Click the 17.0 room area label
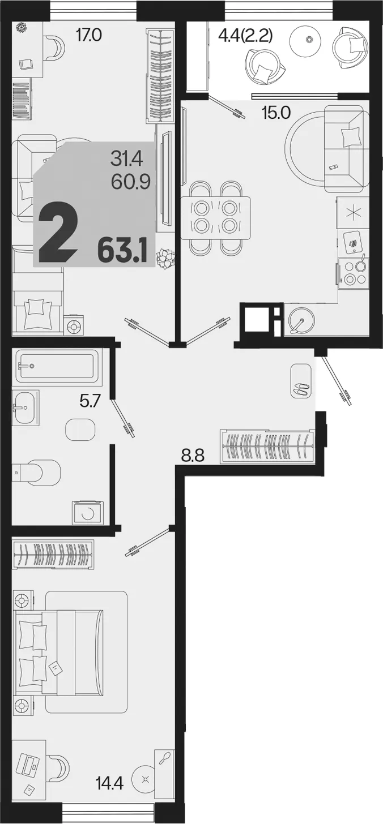click(88, 36)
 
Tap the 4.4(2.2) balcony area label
click(245, 36)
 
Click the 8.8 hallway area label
click(193, 457)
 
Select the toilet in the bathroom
click(36, 473)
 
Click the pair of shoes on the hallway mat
click(302, 389)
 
